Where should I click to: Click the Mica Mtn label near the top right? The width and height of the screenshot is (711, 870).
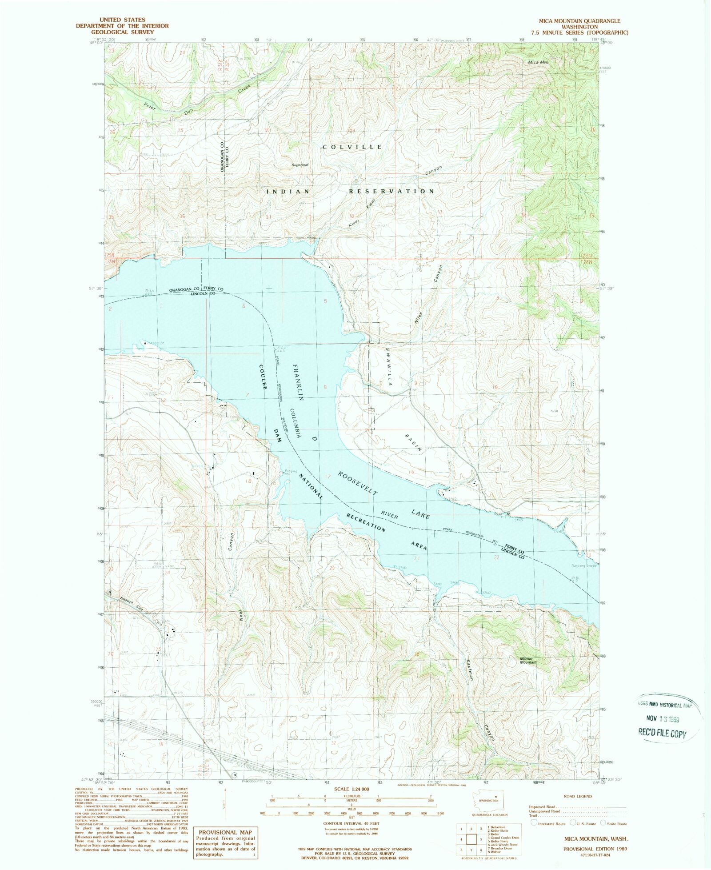click(538, 62)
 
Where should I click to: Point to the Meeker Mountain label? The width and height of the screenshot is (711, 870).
click(528, 661)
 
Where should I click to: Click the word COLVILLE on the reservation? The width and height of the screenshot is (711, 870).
click(352, 147)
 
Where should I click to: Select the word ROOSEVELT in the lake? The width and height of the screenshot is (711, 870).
click(358, 484)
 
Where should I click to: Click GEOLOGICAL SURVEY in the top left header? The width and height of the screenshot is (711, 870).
click(122, 32)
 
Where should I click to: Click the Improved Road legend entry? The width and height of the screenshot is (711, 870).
click(542, 807)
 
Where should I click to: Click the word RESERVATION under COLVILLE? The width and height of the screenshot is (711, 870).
click(391, 191)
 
